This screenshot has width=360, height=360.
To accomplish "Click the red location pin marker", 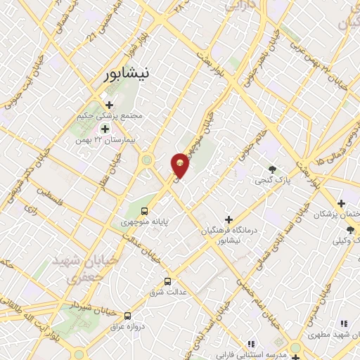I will [x=180, y=165].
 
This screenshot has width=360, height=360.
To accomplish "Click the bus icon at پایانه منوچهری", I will [x=145, y=210].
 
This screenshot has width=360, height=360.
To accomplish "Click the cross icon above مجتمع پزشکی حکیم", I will [x=109, y=105].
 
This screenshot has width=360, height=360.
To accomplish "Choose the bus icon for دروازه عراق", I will [x=127, y=316].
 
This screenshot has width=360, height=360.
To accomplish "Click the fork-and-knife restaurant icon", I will [x=344, y=323].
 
